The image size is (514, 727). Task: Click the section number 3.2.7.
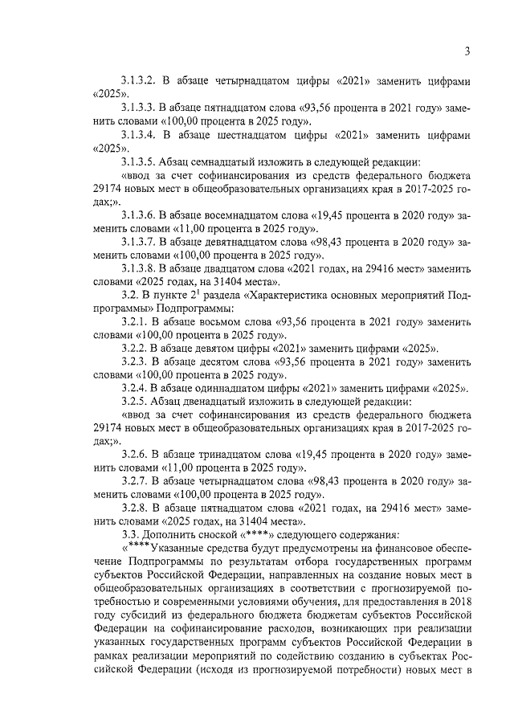click(136, 482)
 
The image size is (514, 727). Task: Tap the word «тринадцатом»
click(232, 455)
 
